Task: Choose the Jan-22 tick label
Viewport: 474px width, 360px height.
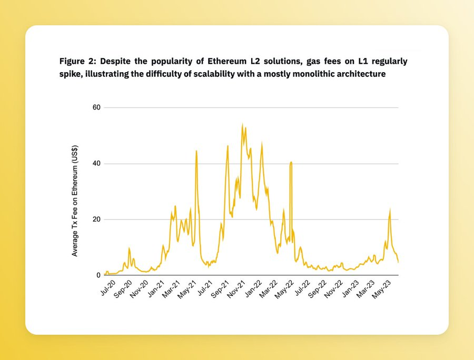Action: coord(254,290)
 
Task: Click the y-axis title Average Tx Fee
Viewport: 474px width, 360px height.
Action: coord(75,201)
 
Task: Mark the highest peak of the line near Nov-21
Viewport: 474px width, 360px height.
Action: coord(242,125)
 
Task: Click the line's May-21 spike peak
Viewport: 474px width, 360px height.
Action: coord(196,151)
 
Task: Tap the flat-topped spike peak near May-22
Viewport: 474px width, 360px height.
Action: coord(291,163)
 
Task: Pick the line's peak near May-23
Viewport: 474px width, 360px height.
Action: coord(390,210)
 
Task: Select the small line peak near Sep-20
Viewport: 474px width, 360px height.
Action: coord(129,248)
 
